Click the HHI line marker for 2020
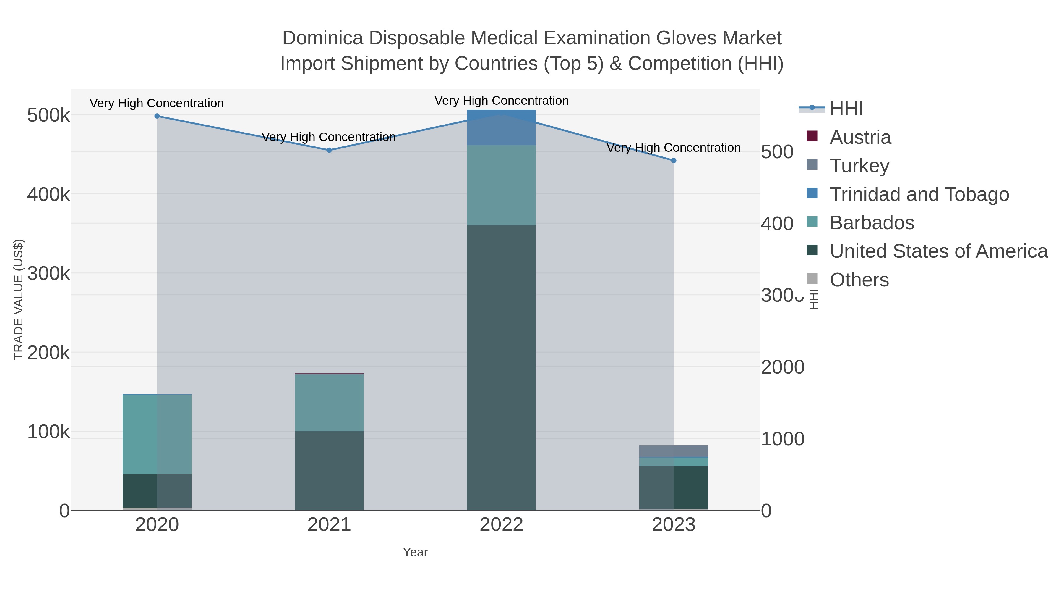point(157,116)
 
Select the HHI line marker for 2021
point(329,151)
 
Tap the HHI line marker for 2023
point(674,160)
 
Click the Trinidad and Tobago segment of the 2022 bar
point(502,127)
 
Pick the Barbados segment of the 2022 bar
point(502,185)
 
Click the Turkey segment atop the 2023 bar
point(674,451)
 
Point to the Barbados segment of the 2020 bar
point(157,434)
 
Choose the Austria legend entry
point(860,137)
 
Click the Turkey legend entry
point(859,166)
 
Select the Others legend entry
point(859,280)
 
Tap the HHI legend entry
point(846,109)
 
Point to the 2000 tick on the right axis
point(783,367)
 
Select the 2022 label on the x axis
point(502,525)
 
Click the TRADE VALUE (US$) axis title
point(19,299)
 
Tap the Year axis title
point(415,552)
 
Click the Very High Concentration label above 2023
point(674,148)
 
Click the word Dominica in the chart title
point(322,38)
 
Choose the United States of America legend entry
point(938,251)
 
